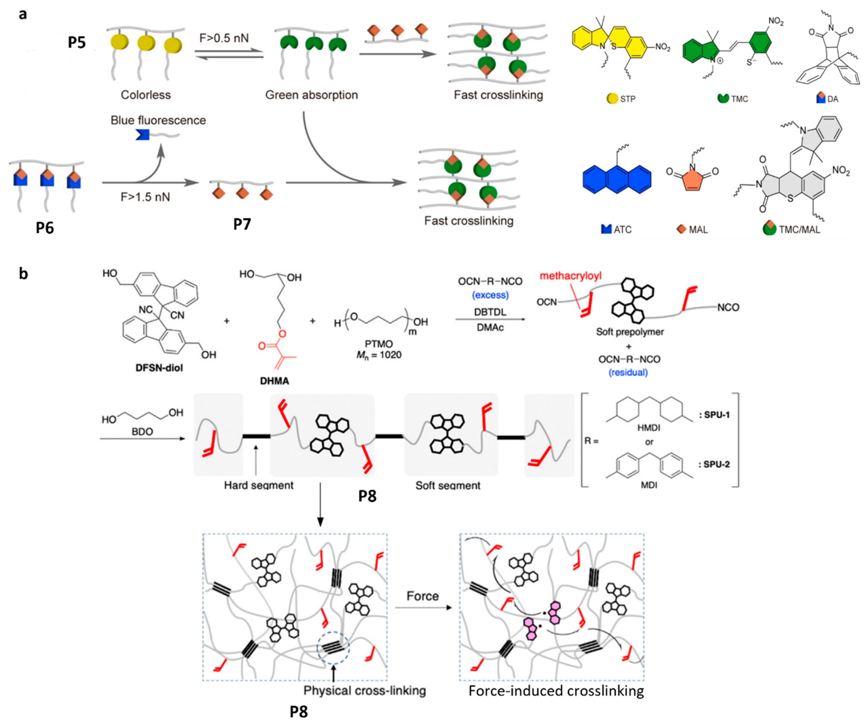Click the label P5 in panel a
pyautogui.click(x=77, y=42)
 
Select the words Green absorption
pyautogui.click(x=311, y=95)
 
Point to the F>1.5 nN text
pyautogui.click(x=145, y=197)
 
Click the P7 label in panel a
pyautogui.click(x=242, y=224)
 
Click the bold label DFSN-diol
pyautogui.click(x=159, y=368)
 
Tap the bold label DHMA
pyautogui.click(x=274, y=381)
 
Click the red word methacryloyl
pyautogui.click(x=571, y=276)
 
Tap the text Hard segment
pyautogui.click(x=259, y=485)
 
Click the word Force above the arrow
pyautogui.click(x=422, y=596)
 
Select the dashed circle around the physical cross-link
pyautogui.click(x=333, y=648)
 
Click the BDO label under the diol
pyautogui.click(x=142, y=431)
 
